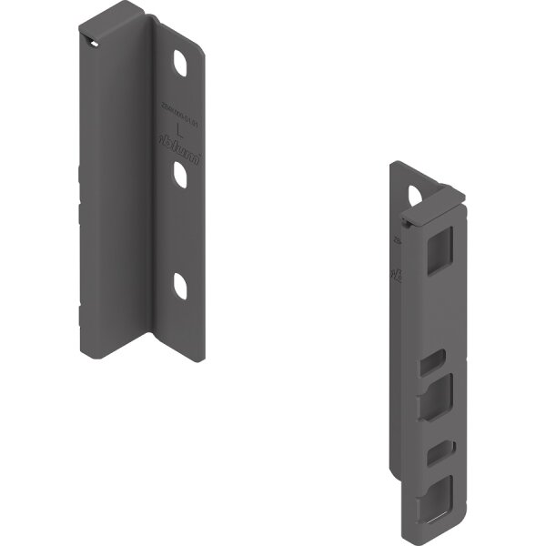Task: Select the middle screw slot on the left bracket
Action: pos(182,175)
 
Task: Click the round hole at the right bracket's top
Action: pos(416,195)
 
